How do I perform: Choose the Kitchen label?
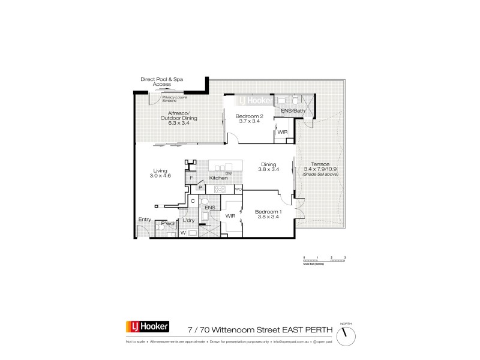coord(218,178)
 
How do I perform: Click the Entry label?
coord(145,220)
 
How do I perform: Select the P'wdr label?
coord(167,224)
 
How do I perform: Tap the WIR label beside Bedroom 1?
coord(230,215)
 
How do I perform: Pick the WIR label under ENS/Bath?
coord(282,132)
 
